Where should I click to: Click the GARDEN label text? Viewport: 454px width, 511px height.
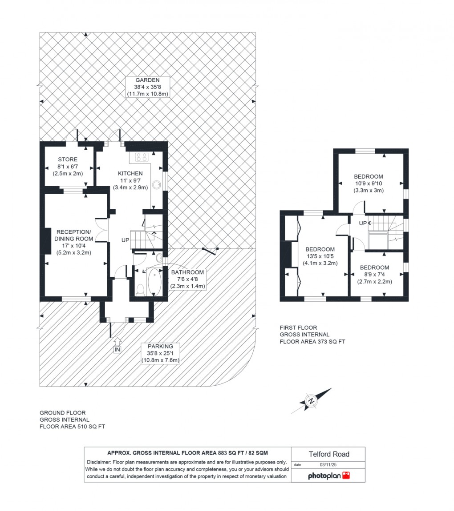148,80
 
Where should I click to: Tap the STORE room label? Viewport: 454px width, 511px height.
68,160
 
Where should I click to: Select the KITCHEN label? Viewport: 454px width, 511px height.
130,173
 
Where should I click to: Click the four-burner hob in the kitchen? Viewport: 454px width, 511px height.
142,157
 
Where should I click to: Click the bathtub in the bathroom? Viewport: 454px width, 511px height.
154,282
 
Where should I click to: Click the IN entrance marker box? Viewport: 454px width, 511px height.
117,350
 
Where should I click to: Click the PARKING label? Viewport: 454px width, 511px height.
160,346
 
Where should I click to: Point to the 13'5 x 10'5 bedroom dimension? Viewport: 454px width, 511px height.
320,256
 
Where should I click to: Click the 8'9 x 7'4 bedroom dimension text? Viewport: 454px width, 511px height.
374,275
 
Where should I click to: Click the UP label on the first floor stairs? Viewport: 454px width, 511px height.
363,223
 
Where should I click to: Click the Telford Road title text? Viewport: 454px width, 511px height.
329,454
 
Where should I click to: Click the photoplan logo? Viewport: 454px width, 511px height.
329,476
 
